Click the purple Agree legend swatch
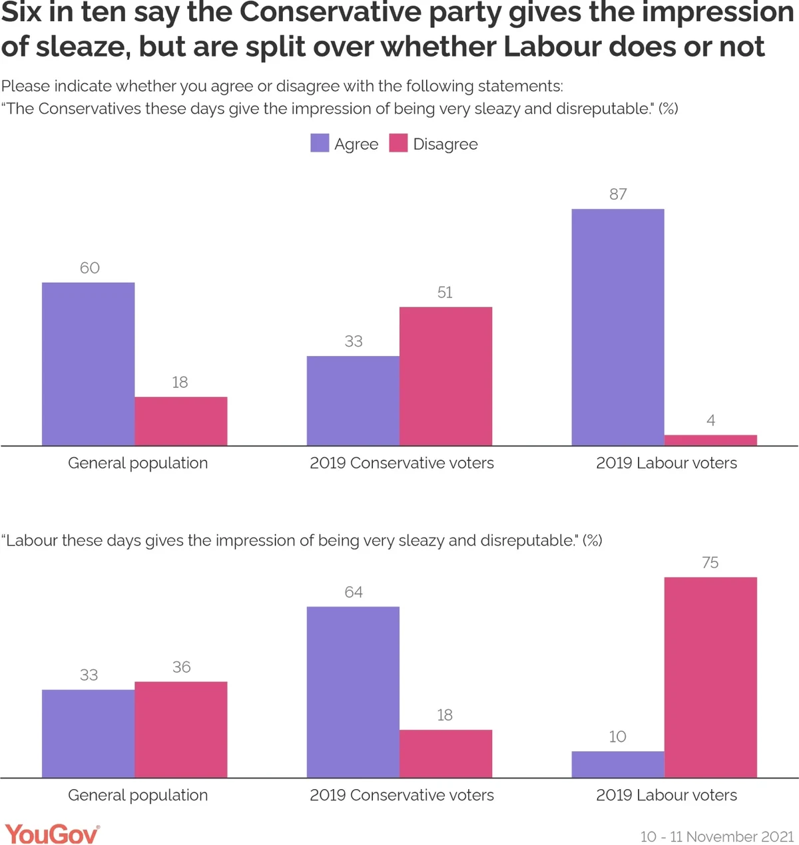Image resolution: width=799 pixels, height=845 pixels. tap(320, 143)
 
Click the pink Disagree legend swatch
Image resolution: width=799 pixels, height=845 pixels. tap(398, 143)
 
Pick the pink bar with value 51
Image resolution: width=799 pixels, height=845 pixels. tap(445, 376)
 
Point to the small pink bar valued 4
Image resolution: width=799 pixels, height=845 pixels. tap(710, 440)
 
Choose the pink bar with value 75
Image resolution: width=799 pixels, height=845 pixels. tap(710, 677)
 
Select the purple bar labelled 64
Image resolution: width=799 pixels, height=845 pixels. tap(353, 692)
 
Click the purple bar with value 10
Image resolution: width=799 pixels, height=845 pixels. tap(618, 764)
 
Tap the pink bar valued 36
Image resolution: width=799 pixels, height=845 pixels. tap(181, 729)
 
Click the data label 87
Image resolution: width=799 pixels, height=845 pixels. tap(618, 194)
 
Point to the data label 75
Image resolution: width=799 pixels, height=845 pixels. tap(710, 563)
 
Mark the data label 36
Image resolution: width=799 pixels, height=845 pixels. tap(181, 667)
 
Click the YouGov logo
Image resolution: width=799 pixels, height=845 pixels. tap(52, 834)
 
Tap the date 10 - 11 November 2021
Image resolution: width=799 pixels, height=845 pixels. tap(717, 836)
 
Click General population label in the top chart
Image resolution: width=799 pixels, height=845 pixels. tap(138, 463)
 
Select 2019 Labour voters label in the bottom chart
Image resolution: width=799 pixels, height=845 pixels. tap(666, 795)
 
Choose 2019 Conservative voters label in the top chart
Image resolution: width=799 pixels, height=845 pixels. tap(401, 463)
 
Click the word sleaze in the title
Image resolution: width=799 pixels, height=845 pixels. tap(84, 47)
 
